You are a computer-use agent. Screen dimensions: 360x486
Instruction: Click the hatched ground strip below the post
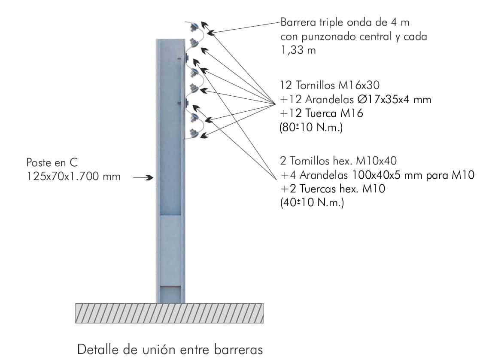pos(169,313)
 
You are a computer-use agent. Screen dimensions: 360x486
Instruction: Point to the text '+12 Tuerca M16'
pos(322,114)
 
